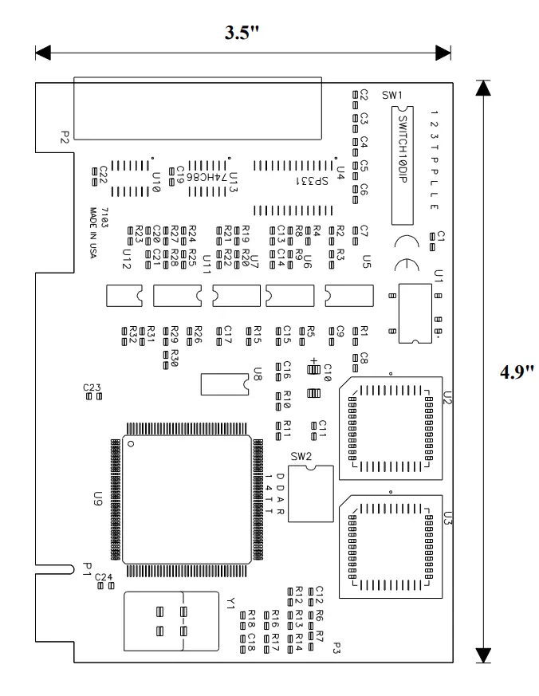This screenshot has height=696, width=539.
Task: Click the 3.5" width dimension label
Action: coord(243,33)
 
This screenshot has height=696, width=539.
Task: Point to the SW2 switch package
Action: coord(311,494)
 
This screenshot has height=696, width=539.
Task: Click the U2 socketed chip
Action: coord(388,428)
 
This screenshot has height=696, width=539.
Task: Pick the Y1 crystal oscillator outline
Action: coord(171,621)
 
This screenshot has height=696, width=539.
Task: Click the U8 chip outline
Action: coord(226,383)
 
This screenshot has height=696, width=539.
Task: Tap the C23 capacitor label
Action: coord(92,387)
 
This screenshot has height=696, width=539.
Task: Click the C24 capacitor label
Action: coord(104,576)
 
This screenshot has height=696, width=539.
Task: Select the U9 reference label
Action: coord(98,500)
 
